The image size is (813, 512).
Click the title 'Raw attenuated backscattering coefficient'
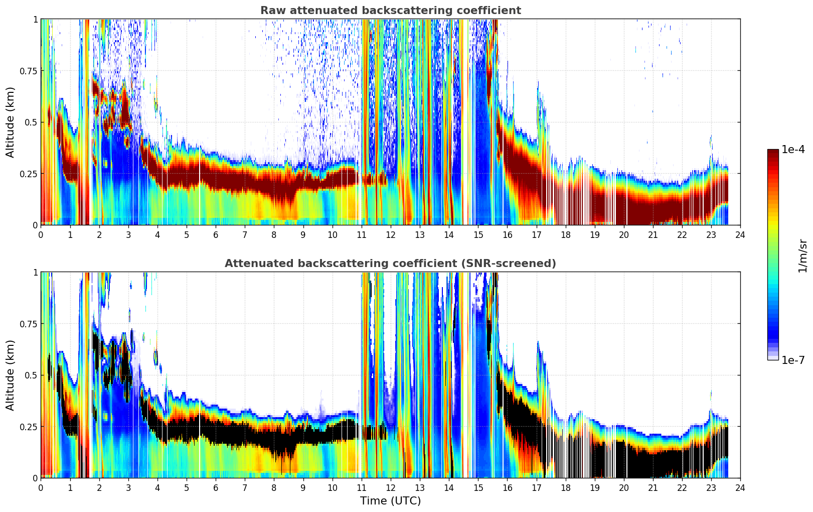(390, 11)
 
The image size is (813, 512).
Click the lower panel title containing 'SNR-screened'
(390, 264)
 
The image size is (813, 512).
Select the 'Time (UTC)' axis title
(390, 501)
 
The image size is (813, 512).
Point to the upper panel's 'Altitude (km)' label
(11, 122)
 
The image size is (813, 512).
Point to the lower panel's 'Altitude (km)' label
(11, 375)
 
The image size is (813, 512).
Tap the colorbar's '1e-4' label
(793, 150)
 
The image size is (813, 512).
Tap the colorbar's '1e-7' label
(793, 360)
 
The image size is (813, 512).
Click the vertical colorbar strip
(773, 254)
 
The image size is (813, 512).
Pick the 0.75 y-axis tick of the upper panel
(28, 71)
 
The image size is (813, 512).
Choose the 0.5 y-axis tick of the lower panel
(31, 375)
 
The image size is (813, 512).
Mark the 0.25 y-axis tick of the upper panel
(28, 174)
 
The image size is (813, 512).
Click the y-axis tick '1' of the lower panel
(35, 272)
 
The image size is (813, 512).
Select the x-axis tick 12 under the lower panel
(390, 487)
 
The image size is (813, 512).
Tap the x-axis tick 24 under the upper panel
(740, 234)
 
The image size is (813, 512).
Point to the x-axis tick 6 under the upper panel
(216, 234)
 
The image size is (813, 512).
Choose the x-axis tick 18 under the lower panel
(565, 487)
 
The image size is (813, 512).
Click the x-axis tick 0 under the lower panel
(41, 487)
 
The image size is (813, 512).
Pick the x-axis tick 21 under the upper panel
(653, 234)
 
